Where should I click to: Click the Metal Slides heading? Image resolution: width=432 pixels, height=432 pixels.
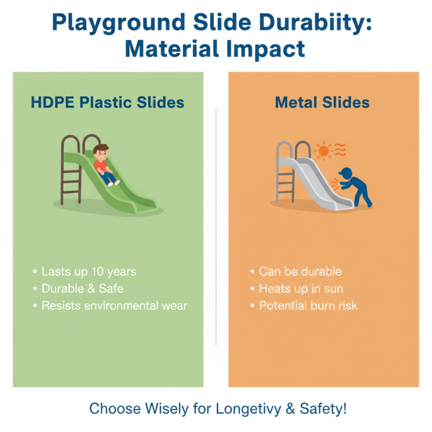click(322, 103)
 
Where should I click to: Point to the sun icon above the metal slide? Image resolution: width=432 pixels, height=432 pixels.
click(323, 151)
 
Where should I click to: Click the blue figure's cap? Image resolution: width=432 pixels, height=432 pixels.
click(345, 171)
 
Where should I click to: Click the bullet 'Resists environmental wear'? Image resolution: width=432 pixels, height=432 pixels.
click(114, 306)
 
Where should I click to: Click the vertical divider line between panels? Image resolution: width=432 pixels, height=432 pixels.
click(216, 227)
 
